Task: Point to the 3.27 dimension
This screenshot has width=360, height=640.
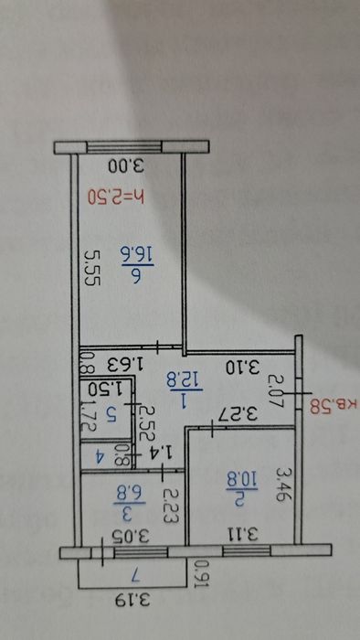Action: click(237, 414)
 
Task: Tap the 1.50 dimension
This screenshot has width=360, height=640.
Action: click(111, 388)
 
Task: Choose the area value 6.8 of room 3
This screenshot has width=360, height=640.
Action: click(126, 494)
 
